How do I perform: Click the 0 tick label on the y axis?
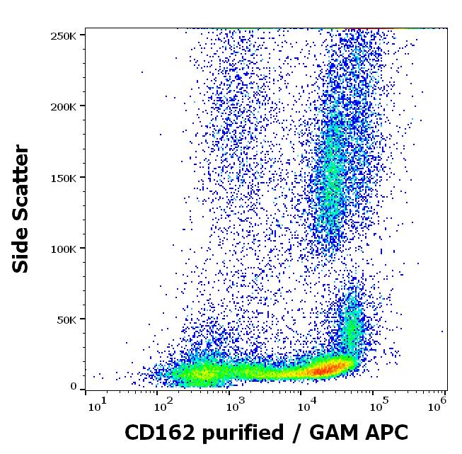tap(74, 387)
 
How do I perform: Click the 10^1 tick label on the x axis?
tap(96, 405)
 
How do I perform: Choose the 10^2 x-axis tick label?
tap(163, 405)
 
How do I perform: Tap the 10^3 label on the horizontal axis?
tap(235, 405)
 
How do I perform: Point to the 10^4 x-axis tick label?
tap(305, 405)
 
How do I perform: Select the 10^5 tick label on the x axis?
tap(377, 405)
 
